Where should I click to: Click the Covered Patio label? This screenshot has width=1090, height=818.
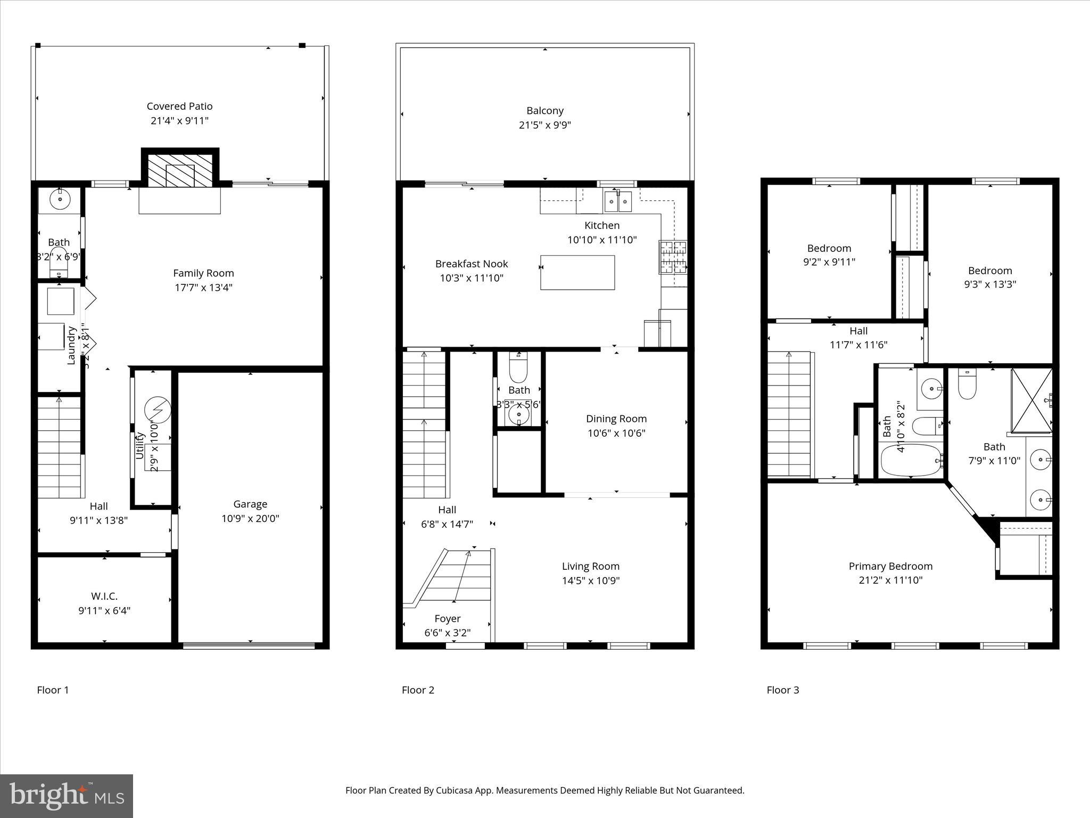(x=179, y=107)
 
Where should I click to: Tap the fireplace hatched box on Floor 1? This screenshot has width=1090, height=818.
(x=180, y=170)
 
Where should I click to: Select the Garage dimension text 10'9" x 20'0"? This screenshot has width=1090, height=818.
(x=250, y=518)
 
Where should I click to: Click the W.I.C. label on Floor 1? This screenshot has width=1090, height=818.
(x=104, y=596)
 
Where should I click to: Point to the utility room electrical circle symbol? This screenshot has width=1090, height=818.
(x=158, y=409)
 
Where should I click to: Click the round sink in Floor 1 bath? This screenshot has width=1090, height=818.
(x=60, y=200)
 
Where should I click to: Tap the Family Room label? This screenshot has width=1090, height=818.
(x=203, y=273)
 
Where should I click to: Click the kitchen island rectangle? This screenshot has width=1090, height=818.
(x=577, y=272)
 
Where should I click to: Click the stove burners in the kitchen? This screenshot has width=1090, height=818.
(x=673, y=257)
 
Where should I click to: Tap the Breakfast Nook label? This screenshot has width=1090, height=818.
(x=472, y=264)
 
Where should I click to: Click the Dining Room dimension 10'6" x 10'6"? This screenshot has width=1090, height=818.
(x=616, y=433)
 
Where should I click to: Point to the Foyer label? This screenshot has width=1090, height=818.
(x=447, y=618)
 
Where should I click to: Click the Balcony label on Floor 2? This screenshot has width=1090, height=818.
(x=545, y=111)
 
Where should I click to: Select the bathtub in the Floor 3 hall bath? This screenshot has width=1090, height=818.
(x=911, y=460)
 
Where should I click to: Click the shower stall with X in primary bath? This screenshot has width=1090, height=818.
(x=1031, y=400)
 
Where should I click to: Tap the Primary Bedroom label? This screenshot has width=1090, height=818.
(x=890, y=566)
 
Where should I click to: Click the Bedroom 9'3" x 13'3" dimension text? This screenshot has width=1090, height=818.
(x=990, y=284)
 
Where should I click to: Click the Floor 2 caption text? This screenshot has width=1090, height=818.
(x=418, y=690)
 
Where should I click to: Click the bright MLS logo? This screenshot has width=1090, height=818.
(x=67, y=796)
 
